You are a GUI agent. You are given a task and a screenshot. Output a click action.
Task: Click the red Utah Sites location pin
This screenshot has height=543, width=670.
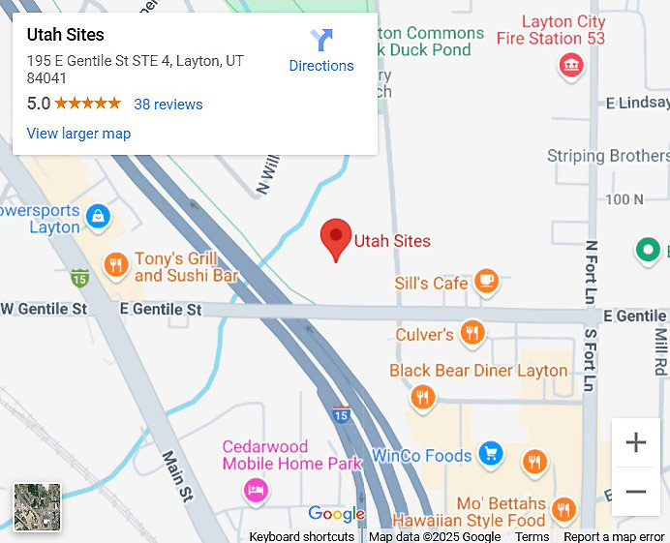click(x=336, y=238)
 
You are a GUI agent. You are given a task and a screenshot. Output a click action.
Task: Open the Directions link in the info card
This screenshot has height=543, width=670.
click(x=321, y=52)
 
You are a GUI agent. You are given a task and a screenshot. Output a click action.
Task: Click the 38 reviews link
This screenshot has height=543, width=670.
click(x=168, y=105)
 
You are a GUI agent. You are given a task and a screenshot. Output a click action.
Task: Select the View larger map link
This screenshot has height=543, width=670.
click(x=78, y=134)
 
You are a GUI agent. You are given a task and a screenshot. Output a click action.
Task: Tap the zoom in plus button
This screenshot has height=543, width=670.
click(x=635, y=443)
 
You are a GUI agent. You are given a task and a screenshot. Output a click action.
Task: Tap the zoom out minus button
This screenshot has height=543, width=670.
click(x=635, y=491)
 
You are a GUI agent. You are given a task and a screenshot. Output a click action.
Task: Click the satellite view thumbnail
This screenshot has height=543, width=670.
click(x=37, y=507)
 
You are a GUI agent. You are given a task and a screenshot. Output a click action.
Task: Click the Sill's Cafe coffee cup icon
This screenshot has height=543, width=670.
click(x=486, y=282)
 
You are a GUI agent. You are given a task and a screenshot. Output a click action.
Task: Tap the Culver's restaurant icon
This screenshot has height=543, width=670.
click(x=472, y=333)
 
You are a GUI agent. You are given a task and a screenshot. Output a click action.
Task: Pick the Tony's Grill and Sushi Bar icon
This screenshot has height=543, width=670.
click(x=116, y=265)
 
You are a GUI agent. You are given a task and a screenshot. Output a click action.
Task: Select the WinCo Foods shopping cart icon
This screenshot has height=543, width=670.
click(x=491, y=453)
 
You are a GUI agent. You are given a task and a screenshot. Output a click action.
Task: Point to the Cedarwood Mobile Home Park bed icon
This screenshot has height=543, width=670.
click(x=255, y=490)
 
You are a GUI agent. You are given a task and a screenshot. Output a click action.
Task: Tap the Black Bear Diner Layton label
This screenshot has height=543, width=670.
click(x=478, y=371)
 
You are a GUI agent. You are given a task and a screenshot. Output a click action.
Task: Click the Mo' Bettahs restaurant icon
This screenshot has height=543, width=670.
click(x=563, y=510)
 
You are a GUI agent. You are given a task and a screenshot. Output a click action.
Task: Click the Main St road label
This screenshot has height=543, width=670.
click(x=177, y=475)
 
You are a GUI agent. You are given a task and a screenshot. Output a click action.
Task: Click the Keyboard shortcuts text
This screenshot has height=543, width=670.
click(x=301, y=536)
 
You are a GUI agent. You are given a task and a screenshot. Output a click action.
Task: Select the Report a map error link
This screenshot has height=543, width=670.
click(x=614, y=536)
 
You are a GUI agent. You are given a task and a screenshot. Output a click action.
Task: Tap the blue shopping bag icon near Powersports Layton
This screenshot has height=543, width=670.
click(x=98, y=216)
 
